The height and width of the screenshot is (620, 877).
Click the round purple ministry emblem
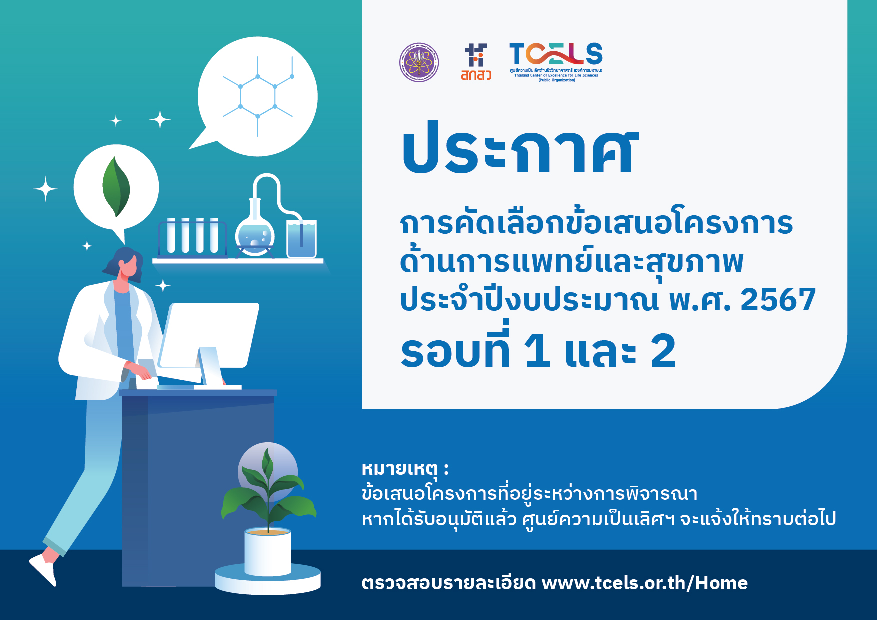click(419, 62)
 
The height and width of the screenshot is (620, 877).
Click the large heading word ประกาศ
click(520, 149)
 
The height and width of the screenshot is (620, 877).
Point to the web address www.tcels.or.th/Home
click(644, 583)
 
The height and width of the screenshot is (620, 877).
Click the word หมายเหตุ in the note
click(400, 469)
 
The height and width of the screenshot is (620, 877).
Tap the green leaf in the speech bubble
click(116, 187)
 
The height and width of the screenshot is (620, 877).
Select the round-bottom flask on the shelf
click(255, 232)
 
